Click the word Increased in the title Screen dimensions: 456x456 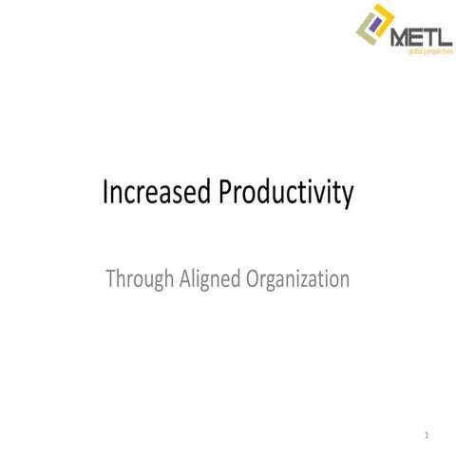tap(158, 193)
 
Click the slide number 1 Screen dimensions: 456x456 tap(427, 437)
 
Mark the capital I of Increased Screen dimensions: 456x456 tap(105, 193)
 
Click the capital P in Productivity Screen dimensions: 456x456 tap(227, 193)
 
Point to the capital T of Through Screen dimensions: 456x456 tap(111, 280)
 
